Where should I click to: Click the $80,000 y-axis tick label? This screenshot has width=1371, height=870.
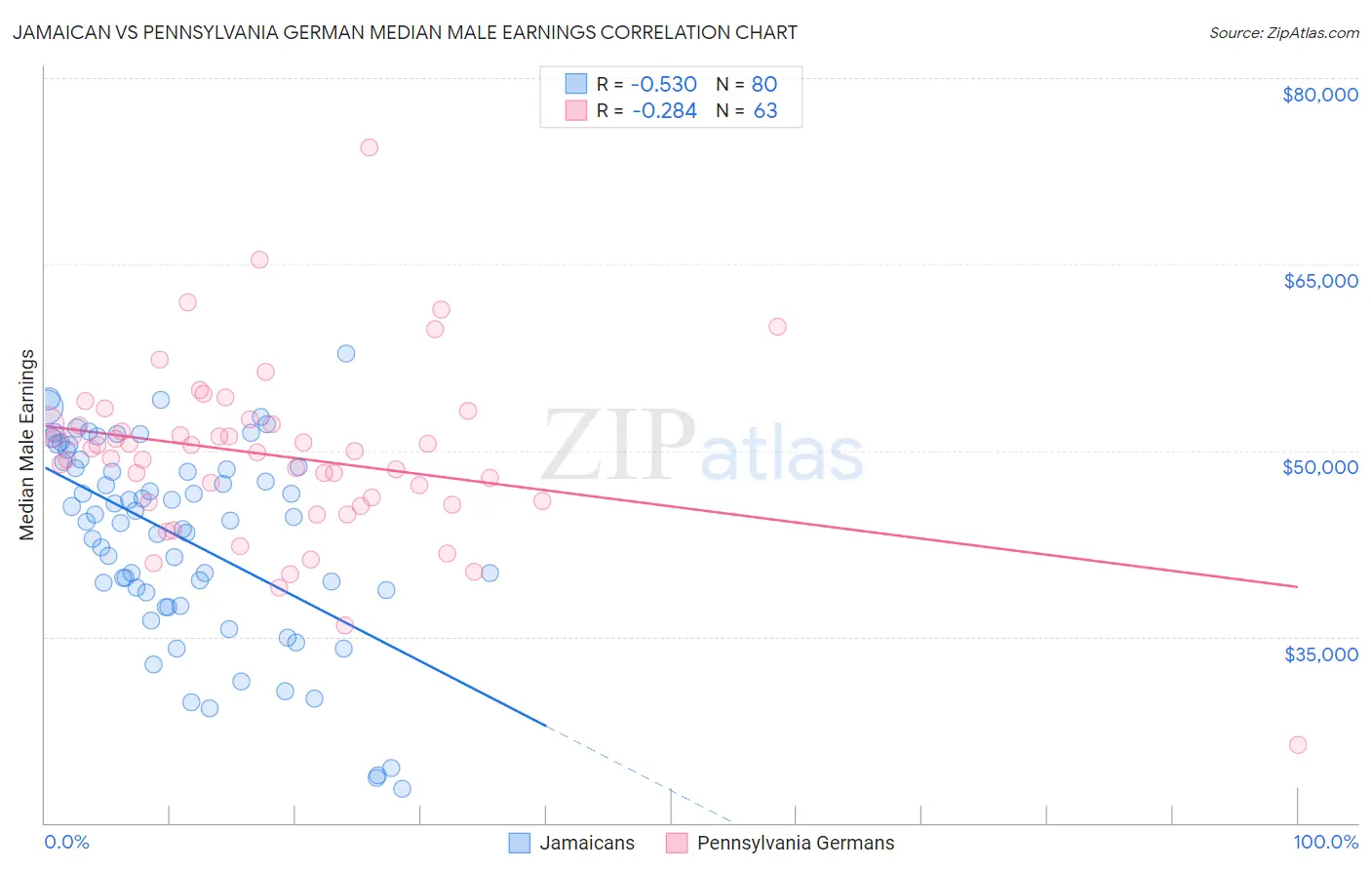point(1320,95)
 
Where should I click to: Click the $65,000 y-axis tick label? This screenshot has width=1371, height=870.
point(1320,281)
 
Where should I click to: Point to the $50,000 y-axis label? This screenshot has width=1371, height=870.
point(1320,467)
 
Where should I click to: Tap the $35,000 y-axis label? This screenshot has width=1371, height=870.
point(1320,653)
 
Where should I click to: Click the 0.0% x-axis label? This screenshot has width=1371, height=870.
point(66,843)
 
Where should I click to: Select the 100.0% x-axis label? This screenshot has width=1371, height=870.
point(1325,843)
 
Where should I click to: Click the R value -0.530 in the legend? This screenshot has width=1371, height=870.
point(664,85)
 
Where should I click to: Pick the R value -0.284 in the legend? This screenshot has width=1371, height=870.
point(664,111)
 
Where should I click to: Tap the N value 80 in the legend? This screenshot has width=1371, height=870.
point(764,85)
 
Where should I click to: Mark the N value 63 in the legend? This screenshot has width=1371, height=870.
point(765,111)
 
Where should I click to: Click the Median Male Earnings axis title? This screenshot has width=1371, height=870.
point(27,445)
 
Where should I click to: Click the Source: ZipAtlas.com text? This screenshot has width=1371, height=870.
point(1284,33)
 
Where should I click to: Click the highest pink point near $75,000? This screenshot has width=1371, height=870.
point(369,147)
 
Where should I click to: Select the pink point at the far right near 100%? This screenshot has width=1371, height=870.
point(1298,745)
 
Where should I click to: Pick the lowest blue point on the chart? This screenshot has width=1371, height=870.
point(402,789)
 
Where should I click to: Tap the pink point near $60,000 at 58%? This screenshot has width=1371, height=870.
point(777,327)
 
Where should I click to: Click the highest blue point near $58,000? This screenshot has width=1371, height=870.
point(346,353)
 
